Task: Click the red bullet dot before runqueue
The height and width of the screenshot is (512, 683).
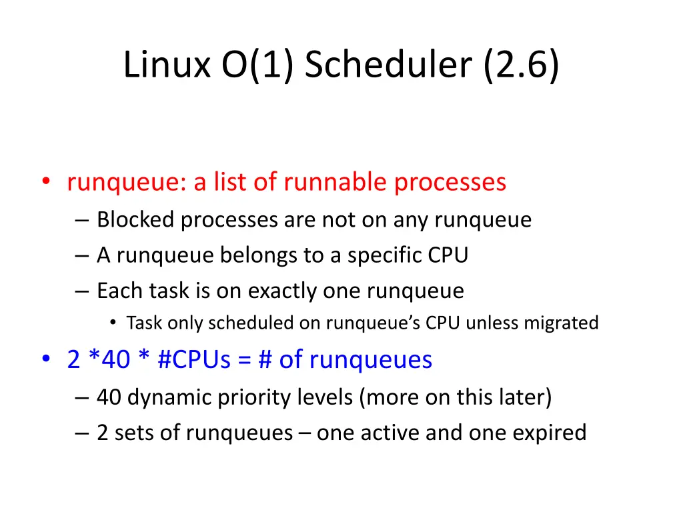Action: (x=45, y=183)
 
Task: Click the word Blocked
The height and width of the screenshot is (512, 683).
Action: (x=135, y=219)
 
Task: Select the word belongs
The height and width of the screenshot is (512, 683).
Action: (x=255, y=255)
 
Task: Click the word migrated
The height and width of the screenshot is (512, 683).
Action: (x=561, y=323)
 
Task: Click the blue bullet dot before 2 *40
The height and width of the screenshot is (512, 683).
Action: (x=45, y=360)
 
